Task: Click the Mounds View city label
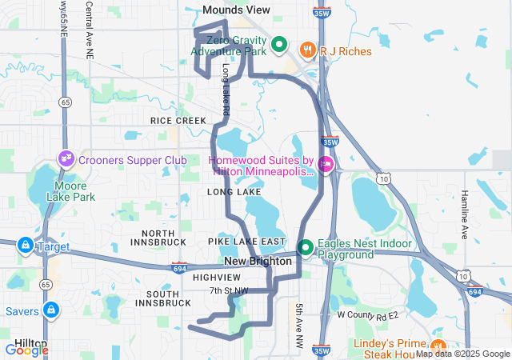(x=236, y=10)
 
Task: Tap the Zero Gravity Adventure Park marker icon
(x=279, y=45)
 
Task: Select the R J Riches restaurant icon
(x=307, y=50)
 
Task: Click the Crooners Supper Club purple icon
(x=66, y=160)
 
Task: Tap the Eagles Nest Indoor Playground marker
(x=305, y=248)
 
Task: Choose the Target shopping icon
(x=26, y=245)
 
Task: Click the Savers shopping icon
(x=51, y=309)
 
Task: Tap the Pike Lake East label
(x=246, y=242)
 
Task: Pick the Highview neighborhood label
(x=211, y=277)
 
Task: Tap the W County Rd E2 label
(x=367, y=315)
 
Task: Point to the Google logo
(x=26, y=350)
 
